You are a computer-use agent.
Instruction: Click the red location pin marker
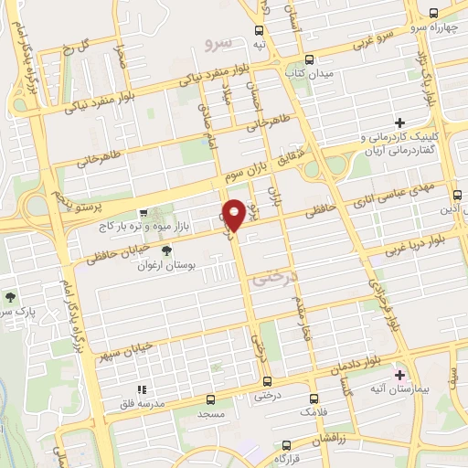point(234,214)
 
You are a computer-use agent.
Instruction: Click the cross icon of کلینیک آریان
point(399,122)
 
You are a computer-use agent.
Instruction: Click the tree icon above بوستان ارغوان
point(166,250)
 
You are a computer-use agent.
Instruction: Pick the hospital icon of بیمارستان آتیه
point(399,375)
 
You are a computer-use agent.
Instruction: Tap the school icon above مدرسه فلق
point(141,389)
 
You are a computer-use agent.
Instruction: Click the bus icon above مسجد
point(212,399)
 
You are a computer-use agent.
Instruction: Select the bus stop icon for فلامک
point(314,399)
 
